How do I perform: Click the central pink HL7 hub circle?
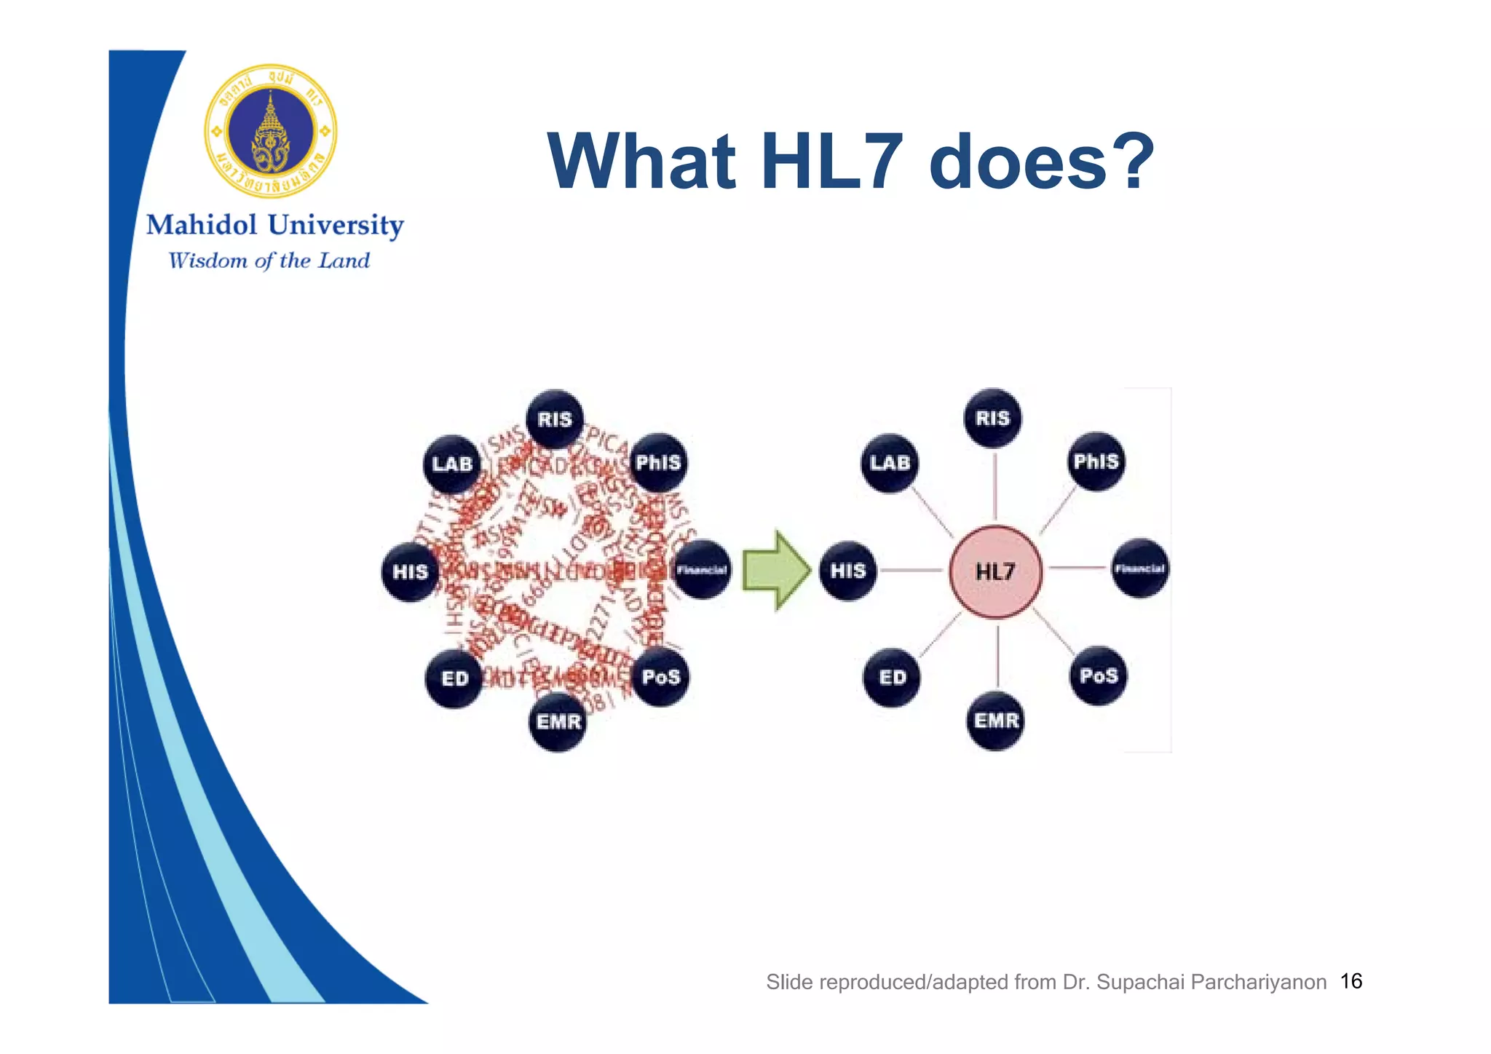pos(995,571)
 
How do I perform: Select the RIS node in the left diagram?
pos(555,419)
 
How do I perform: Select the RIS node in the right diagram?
pos(993,418)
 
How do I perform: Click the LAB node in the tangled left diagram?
pos(452,464)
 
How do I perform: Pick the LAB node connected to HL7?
pos(890,463)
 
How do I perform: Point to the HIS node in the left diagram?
pos(410,572)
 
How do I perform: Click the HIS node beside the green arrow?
pos(848,571)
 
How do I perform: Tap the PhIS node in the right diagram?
pos(1096,461)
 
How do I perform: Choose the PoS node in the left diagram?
pos(660,677)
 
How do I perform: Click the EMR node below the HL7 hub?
pos(996,721)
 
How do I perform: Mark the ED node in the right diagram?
pos(893,678)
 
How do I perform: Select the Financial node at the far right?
pos(1140,568)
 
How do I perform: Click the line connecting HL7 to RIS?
pos(994,486)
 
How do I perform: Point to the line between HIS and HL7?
pos(912,570)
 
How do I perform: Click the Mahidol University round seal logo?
pos(271,131)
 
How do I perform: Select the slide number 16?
pos(1351,981)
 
